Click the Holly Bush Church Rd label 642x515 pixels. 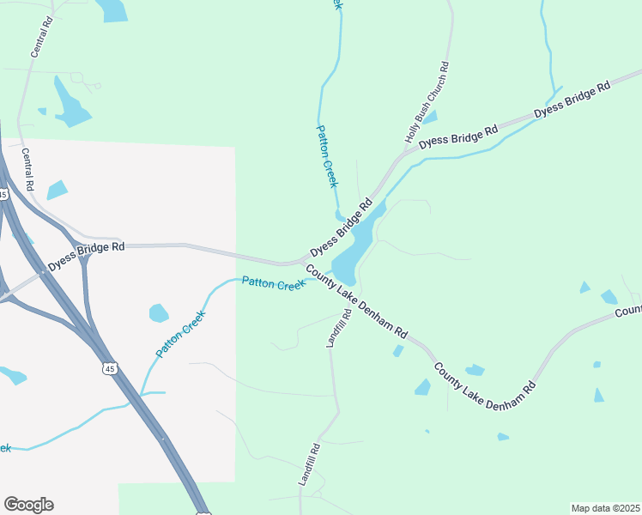[427, 102]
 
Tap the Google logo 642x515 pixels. [28, 505]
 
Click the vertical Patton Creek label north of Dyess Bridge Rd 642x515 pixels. [327, 156]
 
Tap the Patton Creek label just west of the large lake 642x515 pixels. [273, 283]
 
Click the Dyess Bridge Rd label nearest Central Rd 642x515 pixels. [87, 257]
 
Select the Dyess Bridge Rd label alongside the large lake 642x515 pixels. [341, 229]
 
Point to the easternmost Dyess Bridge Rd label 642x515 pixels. [572, 100]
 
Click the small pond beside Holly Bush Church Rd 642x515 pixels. [430, 117]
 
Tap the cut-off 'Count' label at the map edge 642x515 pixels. [627, 310]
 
